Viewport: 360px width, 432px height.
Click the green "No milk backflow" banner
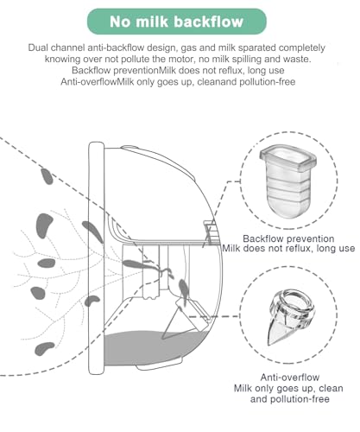coord(177,22)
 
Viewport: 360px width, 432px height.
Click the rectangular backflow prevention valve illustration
coord(287,181)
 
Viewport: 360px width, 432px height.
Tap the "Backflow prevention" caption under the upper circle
coord(288,238)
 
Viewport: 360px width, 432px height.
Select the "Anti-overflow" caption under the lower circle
coord(290,377)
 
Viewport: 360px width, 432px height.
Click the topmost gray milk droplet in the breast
coord(47,176)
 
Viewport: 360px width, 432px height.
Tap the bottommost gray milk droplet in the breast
coord(44,349)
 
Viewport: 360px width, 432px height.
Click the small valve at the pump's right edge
coord(211,232)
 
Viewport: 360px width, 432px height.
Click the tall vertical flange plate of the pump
coord(96,258)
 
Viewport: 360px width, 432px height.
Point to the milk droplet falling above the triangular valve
coord(183,289)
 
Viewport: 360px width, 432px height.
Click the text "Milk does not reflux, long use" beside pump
coord(288,248)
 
